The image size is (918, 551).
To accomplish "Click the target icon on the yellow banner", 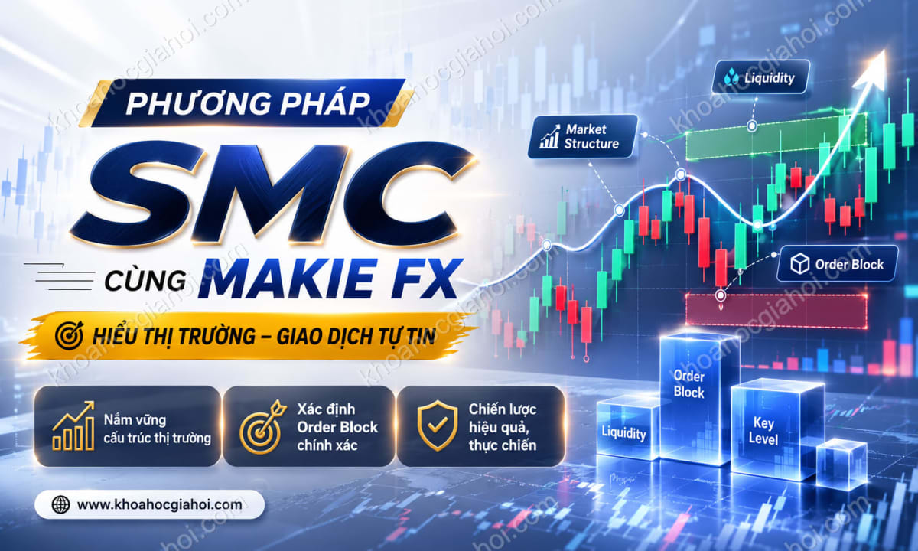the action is [70, 335].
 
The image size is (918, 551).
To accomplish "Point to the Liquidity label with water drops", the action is [761, 77].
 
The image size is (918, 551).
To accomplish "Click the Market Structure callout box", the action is [582, 136].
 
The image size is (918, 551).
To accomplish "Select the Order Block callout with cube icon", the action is [837, 263].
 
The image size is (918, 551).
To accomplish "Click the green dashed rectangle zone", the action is [776, 137].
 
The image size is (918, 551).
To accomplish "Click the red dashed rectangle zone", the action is [776, 311].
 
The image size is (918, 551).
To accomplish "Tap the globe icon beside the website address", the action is [60, 504].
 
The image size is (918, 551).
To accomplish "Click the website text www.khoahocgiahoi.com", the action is [159, 504].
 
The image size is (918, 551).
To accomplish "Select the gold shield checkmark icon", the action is [438, 425].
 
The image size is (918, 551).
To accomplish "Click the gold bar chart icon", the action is [73, 425].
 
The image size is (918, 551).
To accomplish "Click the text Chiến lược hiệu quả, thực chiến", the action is [503, 427].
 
